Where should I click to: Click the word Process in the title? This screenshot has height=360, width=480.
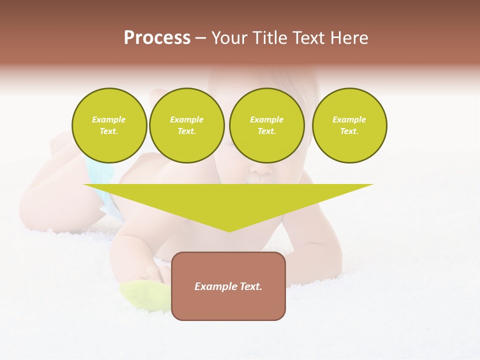[x=157, y=38]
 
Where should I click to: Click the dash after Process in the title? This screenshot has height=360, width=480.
[x=201, y=39]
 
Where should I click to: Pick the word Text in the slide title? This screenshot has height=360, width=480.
[x=310, y=38]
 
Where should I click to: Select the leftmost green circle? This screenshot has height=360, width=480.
[x=109, y=125]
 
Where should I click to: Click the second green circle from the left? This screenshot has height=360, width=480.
[x=187, y=125]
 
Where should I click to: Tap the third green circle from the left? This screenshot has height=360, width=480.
[x=267, y=125]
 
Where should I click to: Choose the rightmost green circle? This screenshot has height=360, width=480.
[x=349, y=125]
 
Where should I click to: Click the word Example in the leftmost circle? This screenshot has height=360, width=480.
[x=109, y=120]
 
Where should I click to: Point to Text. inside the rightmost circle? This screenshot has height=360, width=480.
[x=349, y=131]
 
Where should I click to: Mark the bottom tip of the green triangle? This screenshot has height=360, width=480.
[x=229, y=231]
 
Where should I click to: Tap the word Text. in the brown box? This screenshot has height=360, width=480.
[x=249, y=286]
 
